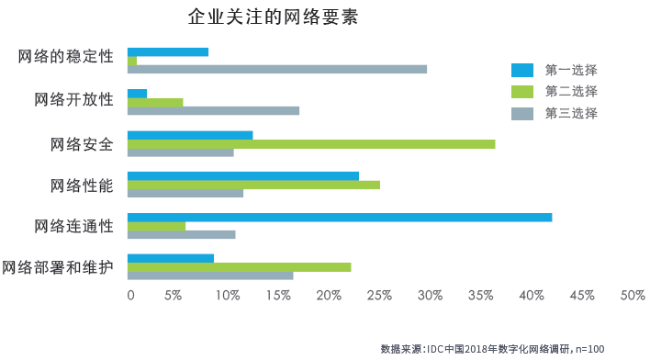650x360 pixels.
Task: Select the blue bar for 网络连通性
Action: [340, 217]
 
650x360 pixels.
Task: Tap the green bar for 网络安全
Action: [311, 143]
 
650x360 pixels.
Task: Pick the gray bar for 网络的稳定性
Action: [277, 69]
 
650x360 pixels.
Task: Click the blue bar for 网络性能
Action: [243, 175]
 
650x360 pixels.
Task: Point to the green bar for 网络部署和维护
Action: [239, 266]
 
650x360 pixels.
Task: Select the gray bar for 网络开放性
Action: [213, 111]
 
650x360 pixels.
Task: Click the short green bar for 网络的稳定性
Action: [132, 61]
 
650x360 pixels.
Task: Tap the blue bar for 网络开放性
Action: [137, 93]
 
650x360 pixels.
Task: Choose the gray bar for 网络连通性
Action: [181, 234]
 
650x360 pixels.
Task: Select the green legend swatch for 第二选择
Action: [522, 91]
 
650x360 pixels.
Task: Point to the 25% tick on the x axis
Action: [379, 296]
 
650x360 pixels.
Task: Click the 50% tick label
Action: [633, 296]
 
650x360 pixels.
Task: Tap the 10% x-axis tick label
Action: [228, 296]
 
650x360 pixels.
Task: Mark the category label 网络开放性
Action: [73, 99]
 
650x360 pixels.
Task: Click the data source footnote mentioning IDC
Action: [492, 348]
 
